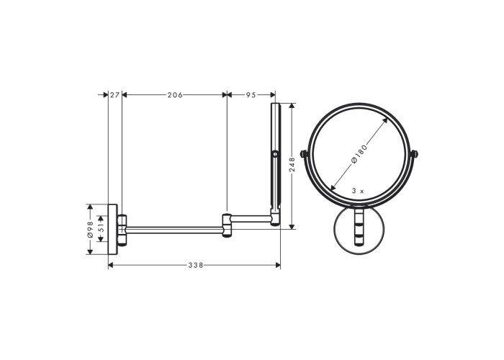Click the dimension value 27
[x=114, y=95]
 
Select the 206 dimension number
[x=175, y=95]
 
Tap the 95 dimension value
[x=251, y=95]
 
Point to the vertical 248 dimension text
[x=292, y=164]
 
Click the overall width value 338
[x=196, y=265]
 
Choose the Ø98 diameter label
[x=90, y=229]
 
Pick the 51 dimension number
[x=101, y=228]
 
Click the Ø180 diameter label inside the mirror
[x=359, y=154]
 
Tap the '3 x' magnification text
[x=358, y=191]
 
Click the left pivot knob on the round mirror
[x=303, y=154]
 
